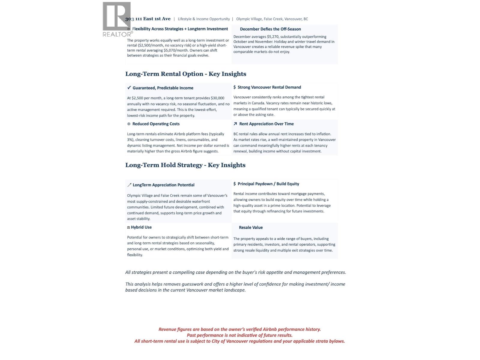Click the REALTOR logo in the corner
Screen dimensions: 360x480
[x=117, y=19]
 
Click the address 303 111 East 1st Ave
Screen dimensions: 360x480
[x=148, y=19]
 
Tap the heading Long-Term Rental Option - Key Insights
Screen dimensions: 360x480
[x=186, y=74]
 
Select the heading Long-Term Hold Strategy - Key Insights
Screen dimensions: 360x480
[x=185, y=165]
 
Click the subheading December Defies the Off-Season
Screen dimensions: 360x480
[x=270, y=29]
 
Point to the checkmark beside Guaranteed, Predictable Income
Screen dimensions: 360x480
[x=129, y=88]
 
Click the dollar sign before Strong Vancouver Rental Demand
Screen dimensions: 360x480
[x=235, y=87]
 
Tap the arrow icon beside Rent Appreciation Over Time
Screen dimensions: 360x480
[x=235, y=124]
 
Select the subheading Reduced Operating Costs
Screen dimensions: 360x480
[x=156, y=124]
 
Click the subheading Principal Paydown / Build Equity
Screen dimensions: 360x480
[x=268, y=184]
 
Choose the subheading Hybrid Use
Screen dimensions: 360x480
[x=141, y=227]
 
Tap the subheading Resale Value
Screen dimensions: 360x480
[x=250, y=228]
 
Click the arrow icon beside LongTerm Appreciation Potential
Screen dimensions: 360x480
[x=129, y=185]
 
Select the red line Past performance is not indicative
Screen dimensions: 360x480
[x=239, y=335]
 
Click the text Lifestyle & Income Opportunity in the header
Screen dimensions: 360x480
[x=204, y=19]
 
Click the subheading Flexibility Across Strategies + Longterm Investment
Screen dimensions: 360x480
[x=180, y=29]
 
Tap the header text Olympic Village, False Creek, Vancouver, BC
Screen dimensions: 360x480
[x=272, y=19]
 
